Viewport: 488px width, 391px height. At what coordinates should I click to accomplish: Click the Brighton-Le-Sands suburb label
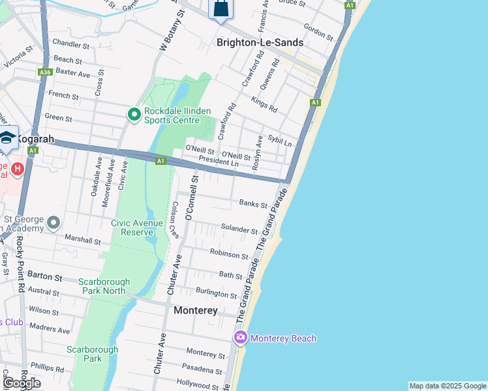click(260, 42)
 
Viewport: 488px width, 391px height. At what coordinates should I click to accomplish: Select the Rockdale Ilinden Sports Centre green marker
click(134, 115)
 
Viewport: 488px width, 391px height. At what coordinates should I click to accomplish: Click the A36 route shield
click(45, 72)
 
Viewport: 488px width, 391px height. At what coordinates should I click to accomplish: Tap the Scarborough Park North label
click(104, 286)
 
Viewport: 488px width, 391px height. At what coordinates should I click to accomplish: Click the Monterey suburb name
click(196, 311)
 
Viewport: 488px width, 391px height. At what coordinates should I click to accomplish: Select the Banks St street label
click(253, 205)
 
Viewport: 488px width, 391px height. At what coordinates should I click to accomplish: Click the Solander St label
click(239, 230)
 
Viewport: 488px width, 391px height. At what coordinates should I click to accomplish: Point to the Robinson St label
click(229, 252)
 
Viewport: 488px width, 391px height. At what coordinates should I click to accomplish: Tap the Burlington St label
click(217, 294)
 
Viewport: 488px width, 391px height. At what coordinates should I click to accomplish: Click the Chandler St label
click(71, 45)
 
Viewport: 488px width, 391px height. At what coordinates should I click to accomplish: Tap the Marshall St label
click(82, 241)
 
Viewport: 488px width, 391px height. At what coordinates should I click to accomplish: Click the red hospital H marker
click(18, 169)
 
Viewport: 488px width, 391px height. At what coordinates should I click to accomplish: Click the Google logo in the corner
click(22, 383)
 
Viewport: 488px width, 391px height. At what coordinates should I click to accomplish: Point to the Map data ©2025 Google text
click(448, 386)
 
